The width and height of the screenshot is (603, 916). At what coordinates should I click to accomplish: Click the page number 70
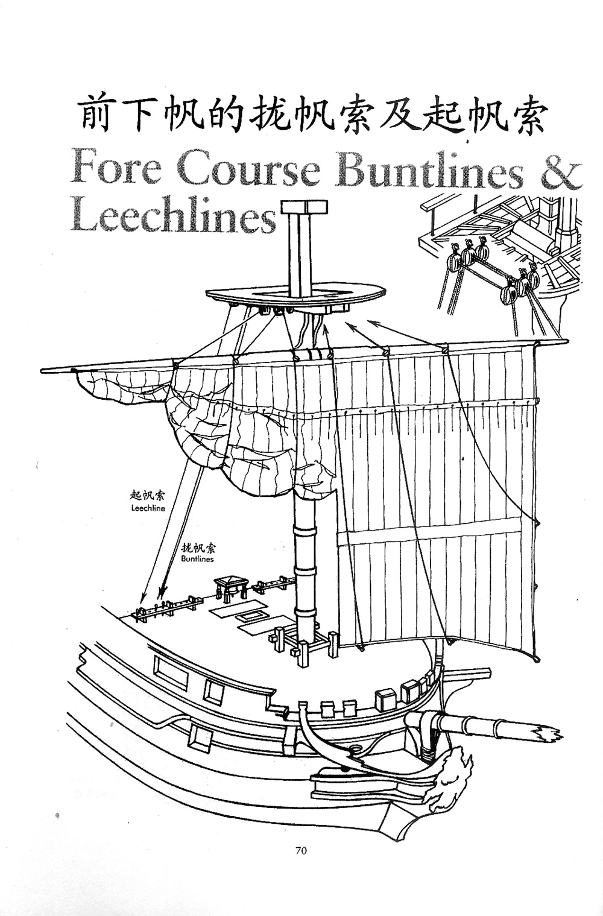[301, 851]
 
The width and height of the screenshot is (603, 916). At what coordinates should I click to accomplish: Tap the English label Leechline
[148, 508]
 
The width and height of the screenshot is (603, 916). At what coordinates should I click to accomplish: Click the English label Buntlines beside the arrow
[197, 559]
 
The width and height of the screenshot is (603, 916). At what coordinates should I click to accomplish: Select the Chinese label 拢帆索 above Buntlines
[198, 548]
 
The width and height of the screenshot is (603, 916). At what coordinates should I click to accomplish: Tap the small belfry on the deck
[230, 585]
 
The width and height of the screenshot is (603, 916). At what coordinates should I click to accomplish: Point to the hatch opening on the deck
[248, 616]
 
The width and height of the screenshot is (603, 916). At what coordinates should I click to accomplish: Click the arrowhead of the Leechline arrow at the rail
[143, 599]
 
